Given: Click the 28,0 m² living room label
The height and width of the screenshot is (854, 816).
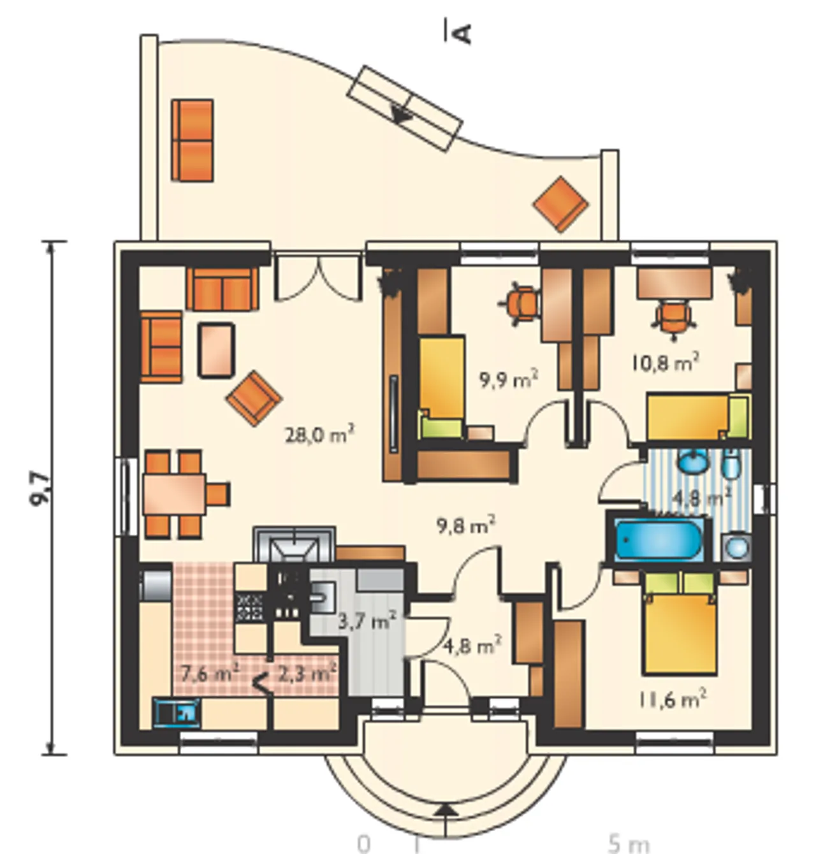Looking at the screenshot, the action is click(x=319, y=435).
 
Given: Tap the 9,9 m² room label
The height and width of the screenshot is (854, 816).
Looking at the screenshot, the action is click(x=508, y=379).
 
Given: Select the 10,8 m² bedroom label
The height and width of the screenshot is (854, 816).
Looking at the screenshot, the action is click(x=665, y=363).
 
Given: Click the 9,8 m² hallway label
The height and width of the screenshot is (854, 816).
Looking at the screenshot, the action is click(x=466, y=526).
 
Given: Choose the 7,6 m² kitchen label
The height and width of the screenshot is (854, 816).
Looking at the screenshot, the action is click(x=210, y=673).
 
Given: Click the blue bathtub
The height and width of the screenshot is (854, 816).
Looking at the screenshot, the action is click(x=659, y=539).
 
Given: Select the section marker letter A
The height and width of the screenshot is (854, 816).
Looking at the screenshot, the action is click(x=460, y=34).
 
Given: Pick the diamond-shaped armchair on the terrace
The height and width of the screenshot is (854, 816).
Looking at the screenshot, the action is click(x=560, y=205).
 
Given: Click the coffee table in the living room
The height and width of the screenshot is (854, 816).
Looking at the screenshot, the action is click(x=215, y=350).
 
